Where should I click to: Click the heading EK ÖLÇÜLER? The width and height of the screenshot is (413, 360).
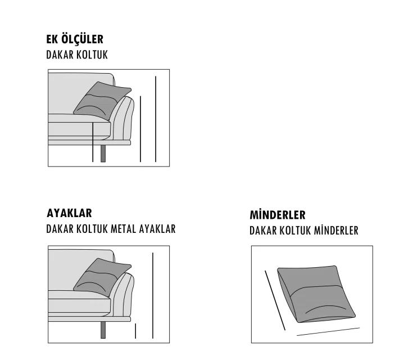[x=75, y=39]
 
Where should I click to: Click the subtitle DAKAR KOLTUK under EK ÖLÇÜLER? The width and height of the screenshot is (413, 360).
[x=77, y=55]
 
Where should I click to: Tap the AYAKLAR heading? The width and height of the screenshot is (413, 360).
[x=69, y=213]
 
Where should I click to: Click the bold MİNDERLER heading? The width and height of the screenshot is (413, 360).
[x=278, y=215]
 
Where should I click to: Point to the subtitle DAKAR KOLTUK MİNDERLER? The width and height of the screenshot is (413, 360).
[x=304, y=231]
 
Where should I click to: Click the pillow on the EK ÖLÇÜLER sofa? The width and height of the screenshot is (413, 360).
[x=102, y=100]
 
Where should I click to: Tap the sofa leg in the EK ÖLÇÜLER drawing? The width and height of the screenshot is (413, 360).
[x=103, y=154]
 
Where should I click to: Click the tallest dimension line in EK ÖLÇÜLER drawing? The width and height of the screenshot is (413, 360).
[x=156, y=119]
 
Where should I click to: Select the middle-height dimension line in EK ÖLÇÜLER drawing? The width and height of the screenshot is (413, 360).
[x=140, y=129]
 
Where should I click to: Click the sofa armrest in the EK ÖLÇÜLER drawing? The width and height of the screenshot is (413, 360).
[x=123, y=118]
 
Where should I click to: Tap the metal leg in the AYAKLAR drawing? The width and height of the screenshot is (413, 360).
[x=103, y=330]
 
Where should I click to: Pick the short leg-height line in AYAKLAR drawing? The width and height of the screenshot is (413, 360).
[x=135, y=331]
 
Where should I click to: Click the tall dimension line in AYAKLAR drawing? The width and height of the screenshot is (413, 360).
[x=153, y=296]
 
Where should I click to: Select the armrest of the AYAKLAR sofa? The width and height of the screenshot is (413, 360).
[x=123, y=295]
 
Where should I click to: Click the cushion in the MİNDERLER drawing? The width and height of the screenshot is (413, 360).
[x=316, y=294]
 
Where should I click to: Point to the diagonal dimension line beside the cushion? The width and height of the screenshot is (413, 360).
[x=275, y=300]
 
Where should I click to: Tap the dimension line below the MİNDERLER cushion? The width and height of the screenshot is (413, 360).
[x=328, y=331]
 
